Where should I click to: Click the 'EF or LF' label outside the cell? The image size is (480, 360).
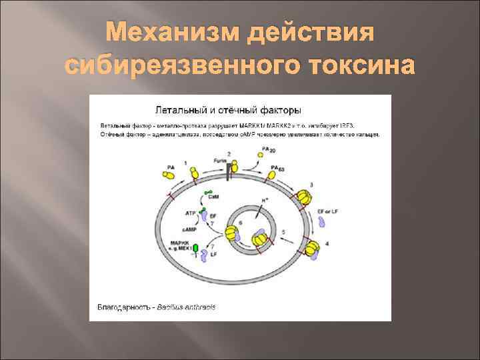[329, 211]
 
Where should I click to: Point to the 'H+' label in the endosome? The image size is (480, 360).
[265, 200]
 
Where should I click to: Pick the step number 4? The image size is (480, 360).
[325, 244]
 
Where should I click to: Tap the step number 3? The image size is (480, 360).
[312, 184]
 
